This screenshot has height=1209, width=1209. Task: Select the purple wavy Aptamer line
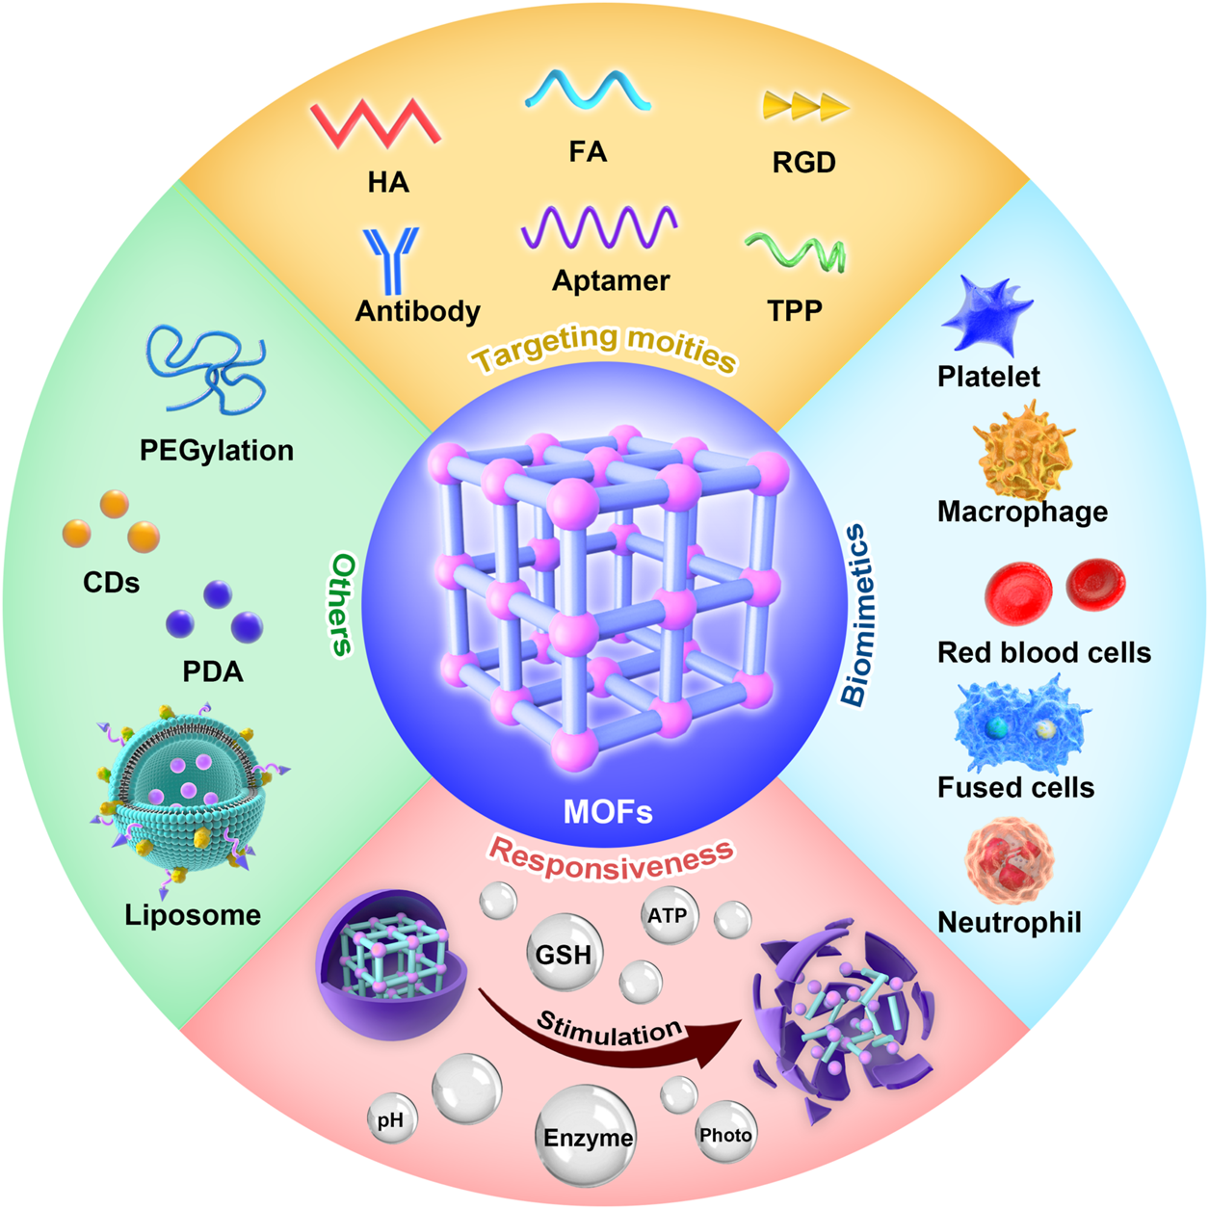pyautogui.click(x=598, y=229)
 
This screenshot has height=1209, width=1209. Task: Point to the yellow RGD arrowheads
pyautogui.click(x=804, y=107)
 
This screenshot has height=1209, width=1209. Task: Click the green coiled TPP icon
pyautogui.click(x=796, y=251)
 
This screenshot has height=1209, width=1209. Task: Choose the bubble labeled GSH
pyautogui.click(x=564, y=954)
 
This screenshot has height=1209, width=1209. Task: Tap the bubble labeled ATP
pyautogui.click(x=668, y=915)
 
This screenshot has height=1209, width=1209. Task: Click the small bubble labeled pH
pyautogui.click(x=391, y=1120)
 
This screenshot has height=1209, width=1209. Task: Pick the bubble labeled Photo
pyautogui.click(x=725, y=1135)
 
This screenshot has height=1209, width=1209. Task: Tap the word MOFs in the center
pyautogui.click(x=608, y=811)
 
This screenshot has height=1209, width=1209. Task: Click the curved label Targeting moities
pyautogui.click(x=605, y=347)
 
